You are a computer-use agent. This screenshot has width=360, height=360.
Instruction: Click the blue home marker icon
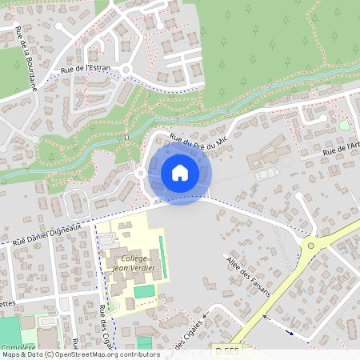tap(180, 172)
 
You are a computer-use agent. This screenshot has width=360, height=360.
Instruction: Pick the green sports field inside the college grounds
tap(144, 292)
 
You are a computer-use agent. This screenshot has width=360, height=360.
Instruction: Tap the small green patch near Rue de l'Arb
tap(345, 126)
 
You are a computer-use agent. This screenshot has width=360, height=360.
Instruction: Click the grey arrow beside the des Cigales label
tap(206, 316)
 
